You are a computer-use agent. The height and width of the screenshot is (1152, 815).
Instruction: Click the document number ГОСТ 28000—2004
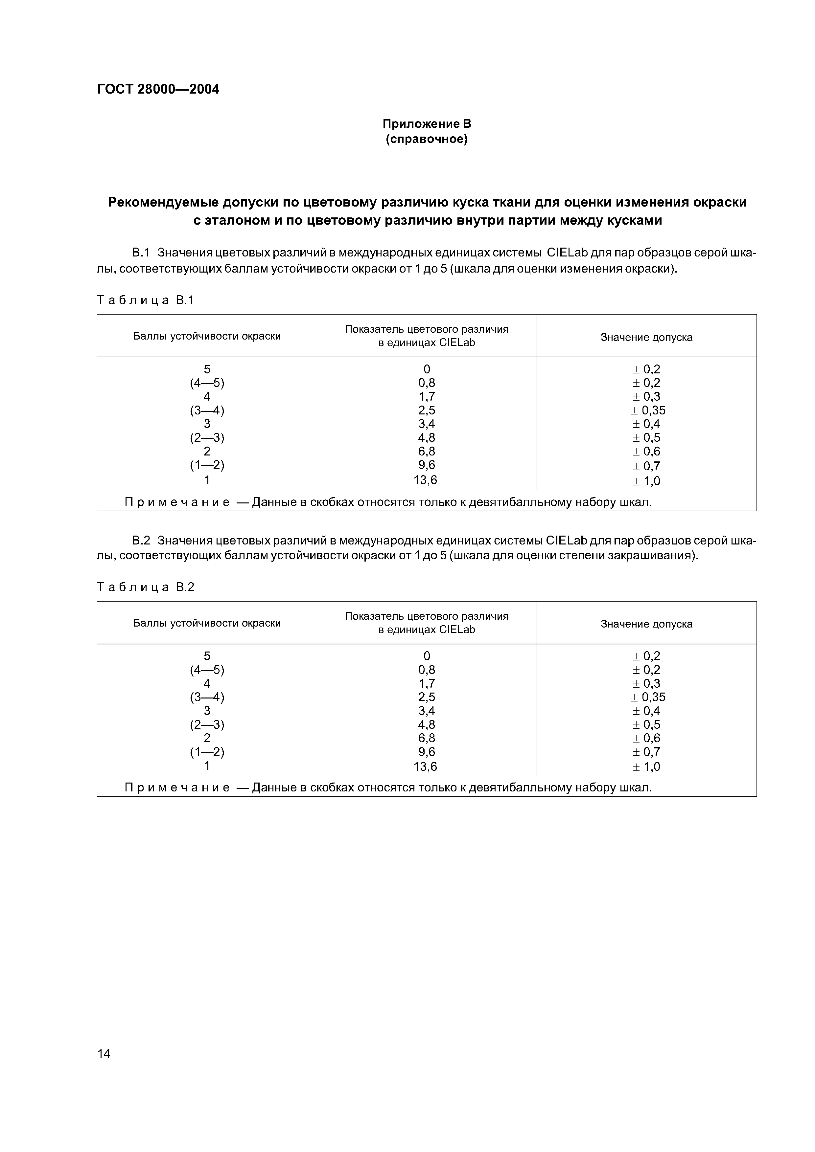pyautogui.click(x=158, y=89)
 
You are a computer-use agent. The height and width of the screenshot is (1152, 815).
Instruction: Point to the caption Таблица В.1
pyautogui.click(x=145, y=300)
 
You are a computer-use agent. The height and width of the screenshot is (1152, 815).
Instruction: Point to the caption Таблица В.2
pyautogui.click(x=145, y=587)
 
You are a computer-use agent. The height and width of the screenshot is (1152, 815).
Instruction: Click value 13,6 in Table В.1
pyautogui.click(x=425, y=480)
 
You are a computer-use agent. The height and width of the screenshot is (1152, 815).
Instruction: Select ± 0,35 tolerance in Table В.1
pyautogui.click(x=648, y=410)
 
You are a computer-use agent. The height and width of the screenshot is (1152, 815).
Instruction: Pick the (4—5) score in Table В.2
pyautogui.click(x=207, y=670)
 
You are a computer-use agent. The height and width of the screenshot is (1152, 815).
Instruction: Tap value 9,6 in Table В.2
pyautogui.click(x=426, y=752)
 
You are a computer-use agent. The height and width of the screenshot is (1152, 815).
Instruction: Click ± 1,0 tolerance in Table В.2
pyautogui.click(x=646, y=767)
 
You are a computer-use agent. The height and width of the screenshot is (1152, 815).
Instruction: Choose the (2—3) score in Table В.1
pyautogui.click(x=207, y=437)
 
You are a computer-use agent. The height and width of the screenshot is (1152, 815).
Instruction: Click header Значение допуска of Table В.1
pyautogui.click(x=646, y=337)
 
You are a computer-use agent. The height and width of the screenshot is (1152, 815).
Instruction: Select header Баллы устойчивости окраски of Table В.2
pyautogui.click(x=207, y=623)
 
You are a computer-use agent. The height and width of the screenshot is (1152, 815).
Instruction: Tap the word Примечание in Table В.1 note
pyautogui.click(x=177, y=502)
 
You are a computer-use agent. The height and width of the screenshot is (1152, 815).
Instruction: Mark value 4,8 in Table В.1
pyautogui.click(x=426, y=437)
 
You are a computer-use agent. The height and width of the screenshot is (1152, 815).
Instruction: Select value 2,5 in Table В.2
pyautogui.click(x=426, y=697)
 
